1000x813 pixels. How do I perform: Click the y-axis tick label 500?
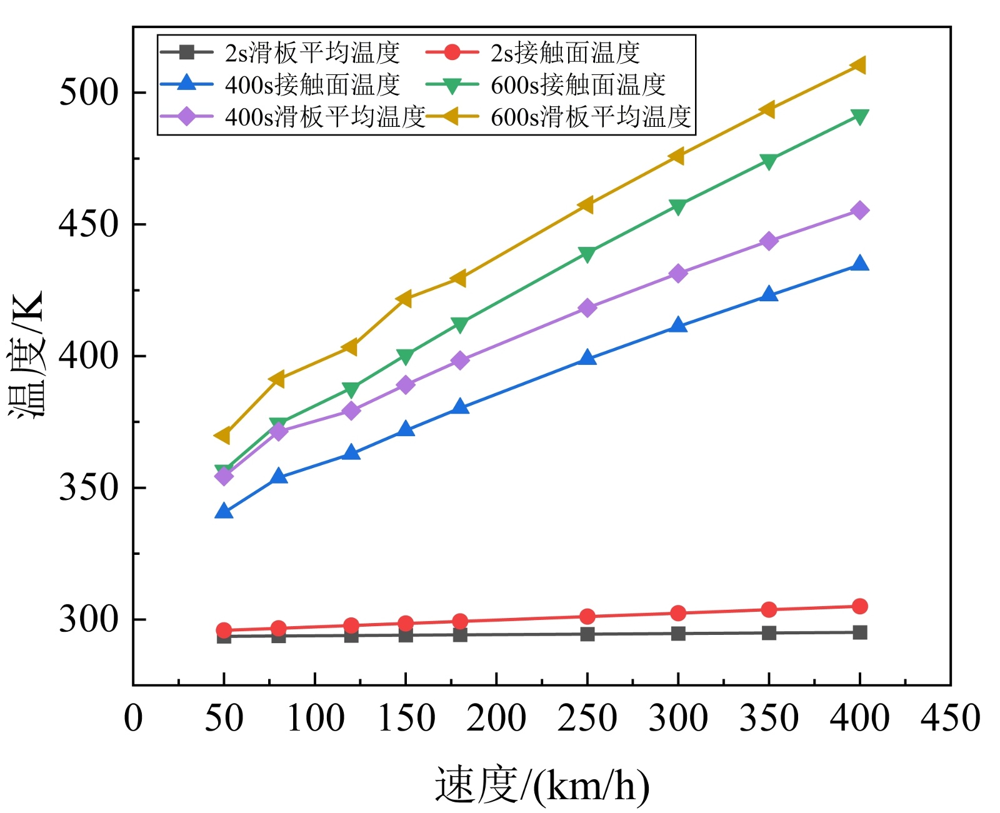[x=88, y=92]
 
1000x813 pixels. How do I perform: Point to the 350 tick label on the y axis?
[x=88, y=488]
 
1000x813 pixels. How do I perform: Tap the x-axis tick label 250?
[x=587, y=718]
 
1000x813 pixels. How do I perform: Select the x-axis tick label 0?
[x=133, y=718]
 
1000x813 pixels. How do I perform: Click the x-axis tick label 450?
[x=950, y=718]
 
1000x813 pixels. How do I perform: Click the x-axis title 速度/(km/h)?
[x=542, y=785]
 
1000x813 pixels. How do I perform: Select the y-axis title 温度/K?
[x=26, y=355]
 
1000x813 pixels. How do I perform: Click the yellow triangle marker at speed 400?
[x=859, y=65]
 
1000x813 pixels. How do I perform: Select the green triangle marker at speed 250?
[x=587, y=254]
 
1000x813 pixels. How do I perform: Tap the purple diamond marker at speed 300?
[x=678, y=274]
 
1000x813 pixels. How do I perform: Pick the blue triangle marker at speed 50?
[x=224, y=512]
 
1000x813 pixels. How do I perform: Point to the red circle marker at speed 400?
[x=860, y=606]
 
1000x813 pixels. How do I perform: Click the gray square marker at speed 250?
[x=587, y=634]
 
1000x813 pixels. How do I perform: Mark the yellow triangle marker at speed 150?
[x=405, y=299]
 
